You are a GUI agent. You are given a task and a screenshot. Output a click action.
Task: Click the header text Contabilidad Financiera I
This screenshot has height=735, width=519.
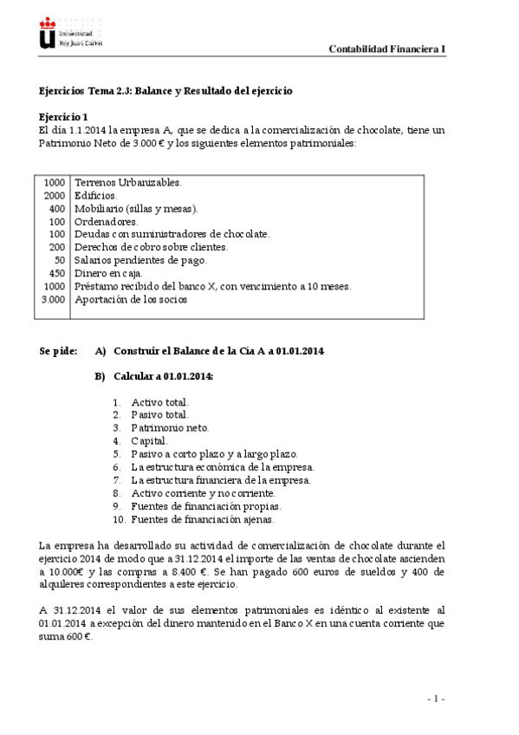point(386,49)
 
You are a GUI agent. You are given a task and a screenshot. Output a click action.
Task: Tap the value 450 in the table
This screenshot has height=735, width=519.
point(55,273)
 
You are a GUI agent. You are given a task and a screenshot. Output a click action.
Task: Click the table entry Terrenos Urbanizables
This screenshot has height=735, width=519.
point(128,183)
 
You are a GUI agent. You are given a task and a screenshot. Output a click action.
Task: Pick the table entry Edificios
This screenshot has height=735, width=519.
point(96,196)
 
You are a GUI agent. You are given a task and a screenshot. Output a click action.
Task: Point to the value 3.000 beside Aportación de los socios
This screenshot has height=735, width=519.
point(53,299)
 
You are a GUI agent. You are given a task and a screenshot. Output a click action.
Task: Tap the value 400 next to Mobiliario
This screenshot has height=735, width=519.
point(57,209)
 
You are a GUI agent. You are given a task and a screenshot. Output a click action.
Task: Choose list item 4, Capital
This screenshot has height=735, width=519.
point(149,441)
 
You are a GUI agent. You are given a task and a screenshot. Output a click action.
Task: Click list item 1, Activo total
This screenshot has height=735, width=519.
point(159,402)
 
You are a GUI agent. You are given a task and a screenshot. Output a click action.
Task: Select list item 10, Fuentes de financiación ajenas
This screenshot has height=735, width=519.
point(202,519)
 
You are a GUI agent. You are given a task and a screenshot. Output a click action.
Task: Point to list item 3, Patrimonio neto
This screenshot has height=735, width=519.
point(169,428)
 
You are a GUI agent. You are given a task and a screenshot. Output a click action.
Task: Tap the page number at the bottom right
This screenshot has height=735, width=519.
point(435,698)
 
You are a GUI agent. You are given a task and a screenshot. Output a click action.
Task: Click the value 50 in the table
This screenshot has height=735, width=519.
point(60,260)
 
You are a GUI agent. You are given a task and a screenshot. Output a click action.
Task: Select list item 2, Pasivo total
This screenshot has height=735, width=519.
point(159,415)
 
